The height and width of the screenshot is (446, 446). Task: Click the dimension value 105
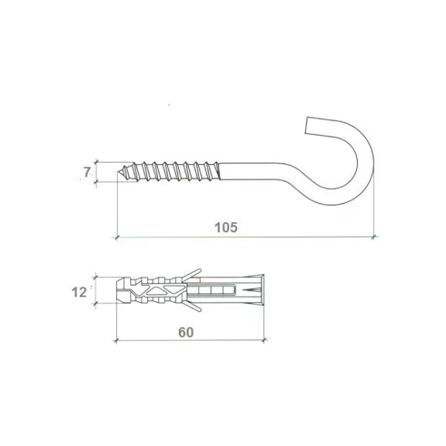coord(226,228)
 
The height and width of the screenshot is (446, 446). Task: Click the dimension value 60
coord(186,332)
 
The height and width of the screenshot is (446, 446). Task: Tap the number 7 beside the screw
coord(87,172)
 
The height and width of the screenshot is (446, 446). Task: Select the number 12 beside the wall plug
coord(79,292)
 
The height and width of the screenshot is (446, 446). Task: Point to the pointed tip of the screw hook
coord(118,172)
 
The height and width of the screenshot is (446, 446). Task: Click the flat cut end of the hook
coord(307,125)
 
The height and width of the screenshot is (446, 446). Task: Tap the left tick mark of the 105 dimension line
coord(116,237)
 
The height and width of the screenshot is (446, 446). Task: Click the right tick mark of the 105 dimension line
coord(375,236)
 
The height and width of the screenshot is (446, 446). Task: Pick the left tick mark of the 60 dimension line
coord(116,340)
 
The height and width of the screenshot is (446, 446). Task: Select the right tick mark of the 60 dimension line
coord(265,340)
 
